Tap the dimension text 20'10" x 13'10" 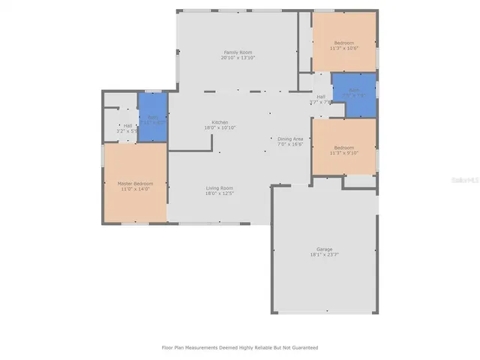point(238,58)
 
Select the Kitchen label point(220,122)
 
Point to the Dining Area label point(290,139)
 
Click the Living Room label point(220,187)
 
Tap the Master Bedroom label point(135,183)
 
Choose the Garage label point(324,249)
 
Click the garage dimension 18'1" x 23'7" point(324,255)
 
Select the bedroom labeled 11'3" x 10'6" point(344,45)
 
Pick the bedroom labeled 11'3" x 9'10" point(344,149)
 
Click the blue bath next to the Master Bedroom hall point(152,118)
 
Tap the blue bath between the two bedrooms point(354,94)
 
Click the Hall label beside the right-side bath point(321,97)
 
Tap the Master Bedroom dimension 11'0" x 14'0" point(136,189)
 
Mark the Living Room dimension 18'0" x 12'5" point(220,193)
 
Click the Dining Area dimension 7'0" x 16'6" point(290,145)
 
